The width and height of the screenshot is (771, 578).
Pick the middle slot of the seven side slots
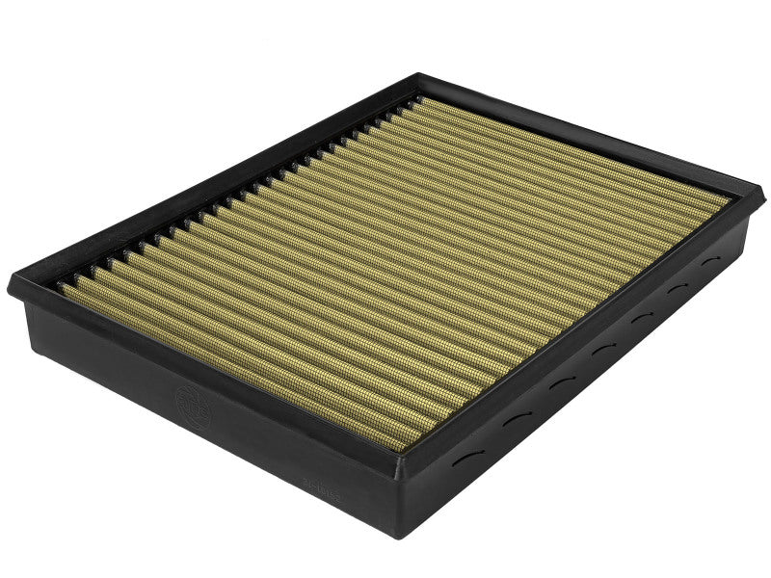[x=601, y=347]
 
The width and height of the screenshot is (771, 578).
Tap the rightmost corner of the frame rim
[x=750, y=196]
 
